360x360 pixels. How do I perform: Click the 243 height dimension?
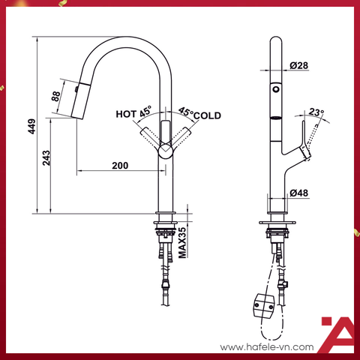click(47, 157)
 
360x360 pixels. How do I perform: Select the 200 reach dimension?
click(118, 164)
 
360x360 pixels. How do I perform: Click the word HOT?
click(124, 115)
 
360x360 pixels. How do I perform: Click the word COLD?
click(208, 115)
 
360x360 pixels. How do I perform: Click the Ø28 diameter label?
click(298, 66)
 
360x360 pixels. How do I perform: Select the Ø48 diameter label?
click(299, 192)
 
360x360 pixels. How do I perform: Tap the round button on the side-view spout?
click(275, 89)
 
